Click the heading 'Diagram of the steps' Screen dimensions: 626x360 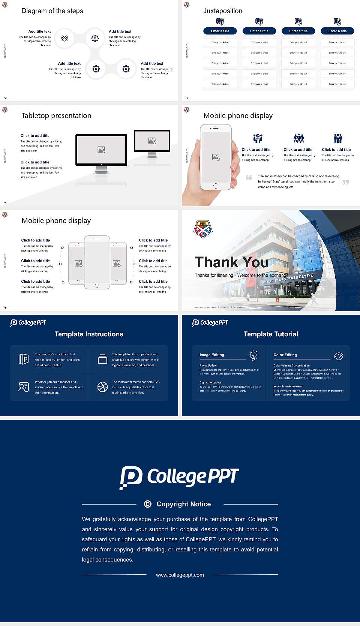[x=52, y=11]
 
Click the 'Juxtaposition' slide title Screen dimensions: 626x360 [x=222, y=11]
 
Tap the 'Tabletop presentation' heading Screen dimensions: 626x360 [x=56, y=115]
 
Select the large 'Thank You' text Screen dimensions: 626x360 [x=231, y=262]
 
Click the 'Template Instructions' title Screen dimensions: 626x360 [x=89, y=334]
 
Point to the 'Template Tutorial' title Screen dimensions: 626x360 [x=271, y=334]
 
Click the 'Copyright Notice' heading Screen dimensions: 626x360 [x=183, y=504]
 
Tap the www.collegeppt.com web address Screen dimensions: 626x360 [x=180, y=575]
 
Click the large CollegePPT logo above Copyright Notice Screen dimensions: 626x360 [x=179, y=477]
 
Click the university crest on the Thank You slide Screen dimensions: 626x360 [x=202, y=229]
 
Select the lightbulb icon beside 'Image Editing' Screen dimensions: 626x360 [x=253, y=355]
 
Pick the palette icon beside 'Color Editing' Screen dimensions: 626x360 [x=339, y=356]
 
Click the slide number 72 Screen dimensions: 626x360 [x=5, y=97]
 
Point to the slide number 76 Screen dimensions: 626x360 [x=5, y=307]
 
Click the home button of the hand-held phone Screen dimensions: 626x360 [x=215, y=186]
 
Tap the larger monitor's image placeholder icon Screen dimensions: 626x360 [x=101, y=150]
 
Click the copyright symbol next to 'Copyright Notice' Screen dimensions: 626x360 [x=148, y=504]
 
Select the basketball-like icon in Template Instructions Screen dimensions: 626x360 [x=102, y=387]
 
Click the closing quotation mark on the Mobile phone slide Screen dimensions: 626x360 [x=346, y=183]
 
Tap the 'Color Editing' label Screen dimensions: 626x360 [x=285, y=355]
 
